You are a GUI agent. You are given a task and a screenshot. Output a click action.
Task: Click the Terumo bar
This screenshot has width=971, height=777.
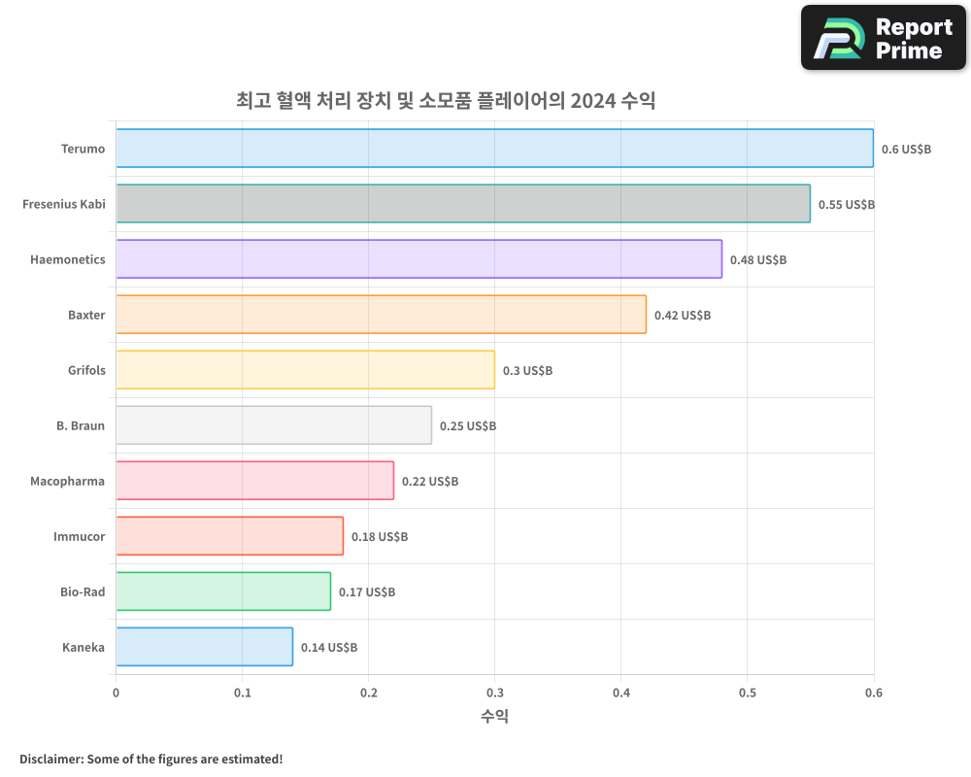click(494, 149)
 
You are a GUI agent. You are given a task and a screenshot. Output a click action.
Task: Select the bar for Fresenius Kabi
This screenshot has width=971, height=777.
click(462, 204)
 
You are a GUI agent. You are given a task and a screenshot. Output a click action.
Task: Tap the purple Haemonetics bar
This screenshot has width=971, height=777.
click(419, 259)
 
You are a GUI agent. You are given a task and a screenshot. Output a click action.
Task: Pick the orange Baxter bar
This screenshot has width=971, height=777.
click(381, 315)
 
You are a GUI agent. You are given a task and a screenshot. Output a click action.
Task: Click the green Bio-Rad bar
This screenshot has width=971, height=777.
click(223, 591)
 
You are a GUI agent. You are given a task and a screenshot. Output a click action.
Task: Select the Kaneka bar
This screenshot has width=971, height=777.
click(204, 647)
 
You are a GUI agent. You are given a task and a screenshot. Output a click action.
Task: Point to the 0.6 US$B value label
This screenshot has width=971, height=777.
click(906, 150)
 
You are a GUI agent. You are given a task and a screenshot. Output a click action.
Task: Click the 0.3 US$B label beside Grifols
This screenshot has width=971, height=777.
click(527, 371)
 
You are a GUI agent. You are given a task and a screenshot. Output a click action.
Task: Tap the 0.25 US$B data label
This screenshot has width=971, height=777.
click(467, 426)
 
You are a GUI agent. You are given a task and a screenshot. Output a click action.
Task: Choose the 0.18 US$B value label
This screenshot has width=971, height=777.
click(379, 537)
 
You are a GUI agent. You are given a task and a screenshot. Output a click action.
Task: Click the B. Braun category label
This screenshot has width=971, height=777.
click(81, 425)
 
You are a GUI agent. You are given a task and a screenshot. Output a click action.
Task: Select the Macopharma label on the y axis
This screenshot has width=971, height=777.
click(67, 481)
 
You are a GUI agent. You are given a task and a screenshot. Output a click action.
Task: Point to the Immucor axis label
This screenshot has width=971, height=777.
click(79, 536)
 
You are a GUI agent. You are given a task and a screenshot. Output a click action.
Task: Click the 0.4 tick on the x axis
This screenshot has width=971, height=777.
click(621, 693)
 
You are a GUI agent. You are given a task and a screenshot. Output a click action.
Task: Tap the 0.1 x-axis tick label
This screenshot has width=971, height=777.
click(243, 693)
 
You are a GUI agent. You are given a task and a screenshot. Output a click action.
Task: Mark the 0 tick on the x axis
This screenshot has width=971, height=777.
click(117, 693)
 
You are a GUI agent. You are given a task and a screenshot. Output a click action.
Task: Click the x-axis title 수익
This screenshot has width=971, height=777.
click(494, 716)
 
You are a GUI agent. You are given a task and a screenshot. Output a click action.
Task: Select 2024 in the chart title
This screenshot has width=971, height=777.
click(592, 100)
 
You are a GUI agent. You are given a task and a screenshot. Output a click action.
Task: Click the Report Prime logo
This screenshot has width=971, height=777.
click(884, 38)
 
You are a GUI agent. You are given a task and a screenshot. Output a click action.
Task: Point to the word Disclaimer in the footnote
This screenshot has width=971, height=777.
click(50, 759)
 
